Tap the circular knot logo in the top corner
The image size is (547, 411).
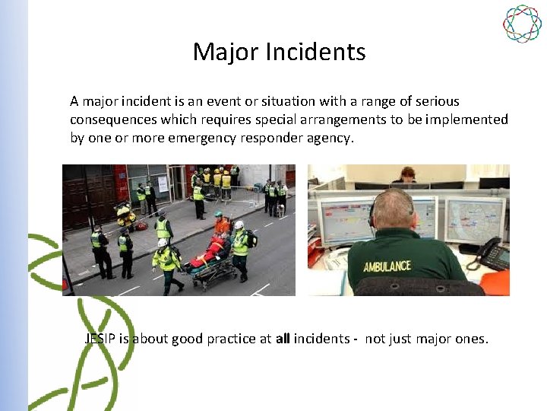point(522,24)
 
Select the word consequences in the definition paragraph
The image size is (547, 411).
point(114,119)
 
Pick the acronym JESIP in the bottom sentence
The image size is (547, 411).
point(100,339)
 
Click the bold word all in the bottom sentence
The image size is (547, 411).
point(283,339)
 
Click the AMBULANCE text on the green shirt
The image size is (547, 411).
point(387,266)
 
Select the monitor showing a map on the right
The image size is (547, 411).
point(473,219)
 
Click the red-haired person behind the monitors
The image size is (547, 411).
point(408,174)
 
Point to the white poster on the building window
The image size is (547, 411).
point(162,183)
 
